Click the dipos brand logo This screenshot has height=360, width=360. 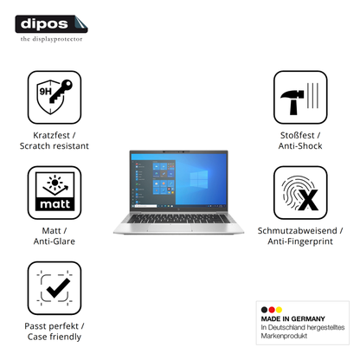point(51,24)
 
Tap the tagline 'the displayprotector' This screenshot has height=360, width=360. point(51,39)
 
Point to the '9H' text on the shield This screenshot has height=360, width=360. point(45,92)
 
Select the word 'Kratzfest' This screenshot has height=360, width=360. point(51,135)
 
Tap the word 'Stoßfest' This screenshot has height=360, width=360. point(298,135)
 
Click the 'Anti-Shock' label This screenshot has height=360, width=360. point(300,145)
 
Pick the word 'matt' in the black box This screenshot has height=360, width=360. point(55,204)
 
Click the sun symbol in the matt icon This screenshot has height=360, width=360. point(55,183)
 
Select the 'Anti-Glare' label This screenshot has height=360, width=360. point(55,241)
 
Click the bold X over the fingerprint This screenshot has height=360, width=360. point(308,200)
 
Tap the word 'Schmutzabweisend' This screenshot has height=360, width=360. point(298,230)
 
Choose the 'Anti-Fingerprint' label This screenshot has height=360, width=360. point(300,241)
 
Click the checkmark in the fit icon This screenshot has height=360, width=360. point(58,288)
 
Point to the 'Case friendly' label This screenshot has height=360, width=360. point(55,337)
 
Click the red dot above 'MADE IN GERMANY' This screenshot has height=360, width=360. point(272,310)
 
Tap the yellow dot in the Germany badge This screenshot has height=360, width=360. point(279,310)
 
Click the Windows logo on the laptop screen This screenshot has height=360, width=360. point(199,179)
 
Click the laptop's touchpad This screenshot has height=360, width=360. point(170,228)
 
